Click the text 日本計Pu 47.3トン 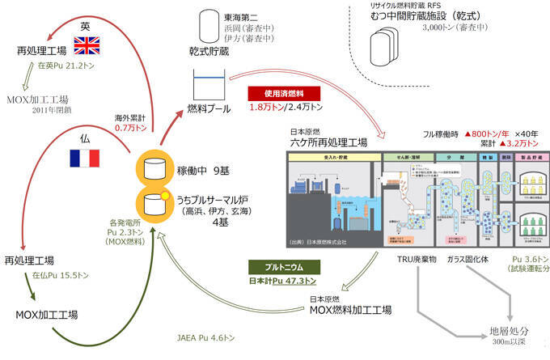(282, 282)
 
